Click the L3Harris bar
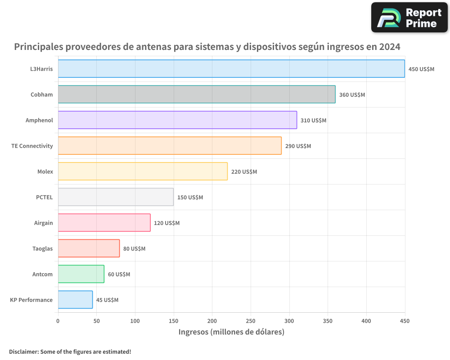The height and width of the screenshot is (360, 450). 231,69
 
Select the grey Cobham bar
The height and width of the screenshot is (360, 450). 197,94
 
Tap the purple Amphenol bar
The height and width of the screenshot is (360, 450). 177,120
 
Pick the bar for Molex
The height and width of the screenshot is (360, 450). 143,171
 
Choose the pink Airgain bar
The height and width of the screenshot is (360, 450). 104,223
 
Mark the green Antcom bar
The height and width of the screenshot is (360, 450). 81,274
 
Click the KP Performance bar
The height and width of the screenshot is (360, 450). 75,300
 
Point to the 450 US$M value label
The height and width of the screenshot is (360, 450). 421,69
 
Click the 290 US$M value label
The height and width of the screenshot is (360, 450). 298,146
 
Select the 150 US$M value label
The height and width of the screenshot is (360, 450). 190,198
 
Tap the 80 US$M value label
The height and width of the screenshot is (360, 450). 134,249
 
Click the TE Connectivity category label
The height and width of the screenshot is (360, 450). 32,146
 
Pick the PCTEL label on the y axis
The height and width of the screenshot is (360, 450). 44,197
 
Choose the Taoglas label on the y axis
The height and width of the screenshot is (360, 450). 42,248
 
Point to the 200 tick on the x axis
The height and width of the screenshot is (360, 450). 212,321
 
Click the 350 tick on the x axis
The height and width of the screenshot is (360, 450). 328,321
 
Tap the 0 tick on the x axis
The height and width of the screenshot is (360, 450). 58,321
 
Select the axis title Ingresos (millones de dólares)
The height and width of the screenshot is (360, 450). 231,332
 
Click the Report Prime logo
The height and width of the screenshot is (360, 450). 409,18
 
